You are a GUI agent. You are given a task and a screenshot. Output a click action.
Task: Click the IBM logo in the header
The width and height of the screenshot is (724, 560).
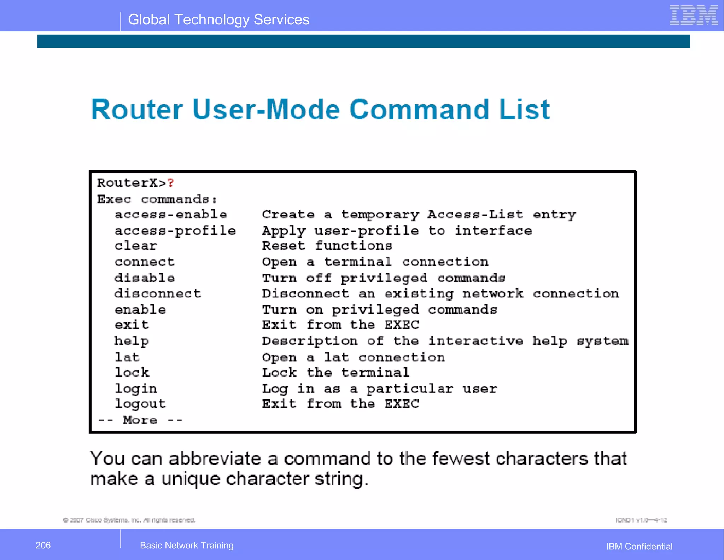pyautogui.click(x=694, y=16)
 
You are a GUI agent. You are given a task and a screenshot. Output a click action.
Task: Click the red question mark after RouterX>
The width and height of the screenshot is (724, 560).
pyautogui.click(x=171, y=183)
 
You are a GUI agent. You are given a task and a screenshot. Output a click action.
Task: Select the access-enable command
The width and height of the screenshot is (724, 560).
pyautogui.click(x=171, y=215)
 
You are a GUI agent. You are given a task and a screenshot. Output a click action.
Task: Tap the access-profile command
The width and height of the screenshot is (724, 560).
pyautogui.click(x=175, y=231)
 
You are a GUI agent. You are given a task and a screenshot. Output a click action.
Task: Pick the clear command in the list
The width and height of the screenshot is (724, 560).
pyautogui.click(x=136, y=246)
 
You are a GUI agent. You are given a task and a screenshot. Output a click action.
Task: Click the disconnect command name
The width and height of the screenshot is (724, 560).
pyautogui.click(x=158, y=293)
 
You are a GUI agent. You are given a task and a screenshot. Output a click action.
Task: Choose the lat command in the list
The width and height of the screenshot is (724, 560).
pyautogui.click(x=127, y=357)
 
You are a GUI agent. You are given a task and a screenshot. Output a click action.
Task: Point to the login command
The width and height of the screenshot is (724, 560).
pyautogui.click(x=136, y=389)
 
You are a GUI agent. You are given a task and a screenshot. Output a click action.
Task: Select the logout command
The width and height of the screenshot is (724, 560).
pyautogui.click(x=140, y=404)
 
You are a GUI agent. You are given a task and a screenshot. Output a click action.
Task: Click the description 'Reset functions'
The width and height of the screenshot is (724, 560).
pyautogui.click(x=327, y=246)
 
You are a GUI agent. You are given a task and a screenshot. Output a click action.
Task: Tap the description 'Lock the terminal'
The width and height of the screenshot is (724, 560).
pyautogui.click(x=336, y=373)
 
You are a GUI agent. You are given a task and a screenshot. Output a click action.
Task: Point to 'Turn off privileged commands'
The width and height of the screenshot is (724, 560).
pyautogui.click(x=384, y=278)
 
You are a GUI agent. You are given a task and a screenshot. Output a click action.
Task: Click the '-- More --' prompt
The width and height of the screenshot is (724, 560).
pyautogui.click(x=140, y=420)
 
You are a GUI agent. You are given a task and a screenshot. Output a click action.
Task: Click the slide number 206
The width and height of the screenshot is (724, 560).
pyautogui.click(x=43, y=545)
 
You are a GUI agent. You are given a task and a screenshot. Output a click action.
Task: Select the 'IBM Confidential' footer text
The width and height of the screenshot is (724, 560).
pyautogui.click(x=639, y=546)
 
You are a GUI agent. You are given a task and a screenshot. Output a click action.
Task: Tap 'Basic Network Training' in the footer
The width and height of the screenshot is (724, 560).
pyautogui.click(x=187, y=545)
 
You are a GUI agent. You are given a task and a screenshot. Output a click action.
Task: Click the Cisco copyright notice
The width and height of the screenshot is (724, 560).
pyautogui.click(x=129, y=520)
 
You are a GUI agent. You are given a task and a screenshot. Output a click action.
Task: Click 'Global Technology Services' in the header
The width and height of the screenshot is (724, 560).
pyautogui.click(x=218, y=20)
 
